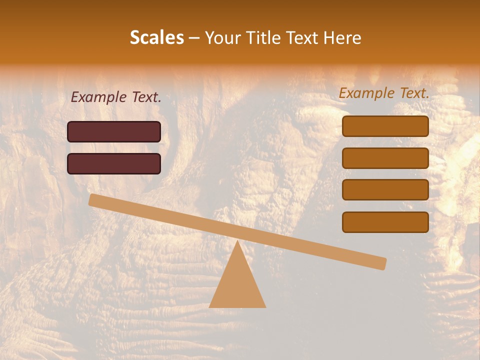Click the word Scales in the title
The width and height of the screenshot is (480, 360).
[x=156, y=38]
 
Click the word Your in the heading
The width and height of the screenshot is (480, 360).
[x=223, y=38]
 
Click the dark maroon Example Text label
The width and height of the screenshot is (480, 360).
[x=116, y=97]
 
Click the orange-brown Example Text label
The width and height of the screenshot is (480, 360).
[x=384, y=93]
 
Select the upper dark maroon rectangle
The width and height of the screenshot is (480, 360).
[x=114, y=132]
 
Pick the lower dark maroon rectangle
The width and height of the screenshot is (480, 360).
[x=114, y=163]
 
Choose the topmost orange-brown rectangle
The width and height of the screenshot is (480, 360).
[x=385, y=126]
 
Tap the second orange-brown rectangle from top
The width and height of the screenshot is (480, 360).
[x=385, y=158]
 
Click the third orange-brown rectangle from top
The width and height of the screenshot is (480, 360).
[x=385, y=190]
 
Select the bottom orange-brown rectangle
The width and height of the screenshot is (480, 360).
[x=385, y=222]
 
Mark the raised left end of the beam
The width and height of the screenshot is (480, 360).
[x=93, y=199]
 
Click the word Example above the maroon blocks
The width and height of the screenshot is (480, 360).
[x=99, y=97]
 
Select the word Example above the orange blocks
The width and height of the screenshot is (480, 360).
[x=367, y=93]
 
